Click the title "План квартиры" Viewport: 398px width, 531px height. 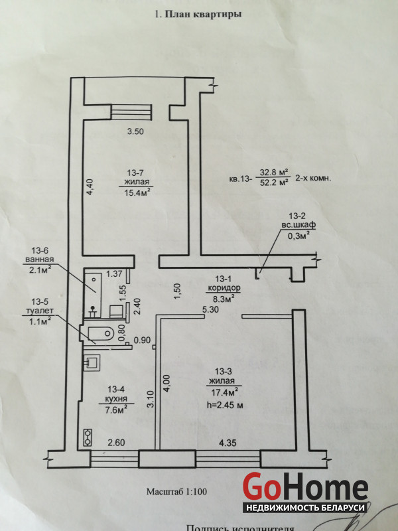[203, 14]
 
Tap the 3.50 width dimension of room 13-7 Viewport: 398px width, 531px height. [135, 131]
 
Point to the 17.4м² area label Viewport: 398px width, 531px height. [223, 393]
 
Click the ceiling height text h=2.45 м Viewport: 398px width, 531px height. [225, 405]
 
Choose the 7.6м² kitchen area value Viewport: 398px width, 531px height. [116, 410]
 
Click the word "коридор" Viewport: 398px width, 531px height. [224, 288]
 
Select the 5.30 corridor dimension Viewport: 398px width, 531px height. [210, 309]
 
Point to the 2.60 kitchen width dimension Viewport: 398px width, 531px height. [117, 443]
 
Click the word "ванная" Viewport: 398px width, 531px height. [40, 260]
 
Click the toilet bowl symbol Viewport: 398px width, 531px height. [100, 333]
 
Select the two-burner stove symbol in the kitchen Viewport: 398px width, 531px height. [88, 437]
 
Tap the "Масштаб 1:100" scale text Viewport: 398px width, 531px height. [176, 491]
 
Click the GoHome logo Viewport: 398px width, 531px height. [305, 493]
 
